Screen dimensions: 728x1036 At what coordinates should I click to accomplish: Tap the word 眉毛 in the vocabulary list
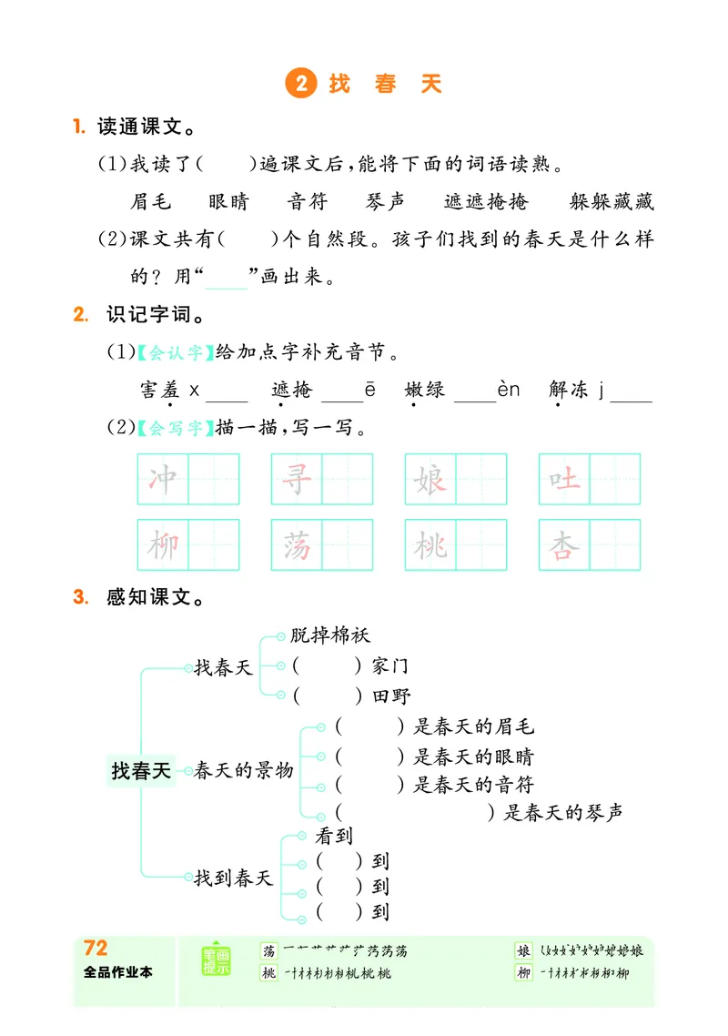[151, 202]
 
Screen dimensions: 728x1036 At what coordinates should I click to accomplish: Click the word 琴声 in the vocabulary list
[386, 202]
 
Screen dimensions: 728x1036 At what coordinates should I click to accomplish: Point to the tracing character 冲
[163, 479]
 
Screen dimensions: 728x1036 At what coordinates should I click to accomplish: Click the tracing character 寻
[297, 479]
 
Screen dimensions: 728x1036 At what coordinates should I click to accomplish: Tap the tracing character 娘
[430, 479]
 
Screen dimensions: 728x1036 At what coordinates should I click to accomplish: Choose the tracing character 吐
[564, 479]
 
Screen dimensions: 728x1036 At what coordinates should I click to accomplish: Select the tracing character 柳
[163, 545]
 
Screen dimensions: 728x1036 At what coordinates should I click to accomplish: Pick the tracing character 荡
[297, 545]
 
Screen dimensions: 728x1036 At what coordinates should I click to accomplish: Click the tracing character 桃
[430, 545]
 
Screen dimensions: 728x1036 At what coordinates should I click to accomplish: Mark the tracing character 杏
[564, 545]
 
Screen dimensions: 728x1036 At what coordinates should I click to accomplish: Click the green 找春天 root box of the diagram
[141, 771]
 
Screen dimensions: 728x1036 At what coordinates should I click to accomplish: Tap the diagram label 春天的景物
[244, 770]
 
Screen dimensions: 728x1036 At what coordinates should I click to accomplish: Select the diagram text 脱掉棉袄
[330, 636]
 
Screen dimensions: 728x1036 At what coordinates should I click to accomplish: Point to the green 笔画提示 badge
[217, 961]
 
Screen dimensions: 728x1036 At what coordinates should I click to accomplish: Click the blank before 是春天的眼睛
[369, 756]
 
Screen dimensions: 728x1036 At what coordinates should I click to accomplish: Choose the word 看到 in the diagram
[334, 834]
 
